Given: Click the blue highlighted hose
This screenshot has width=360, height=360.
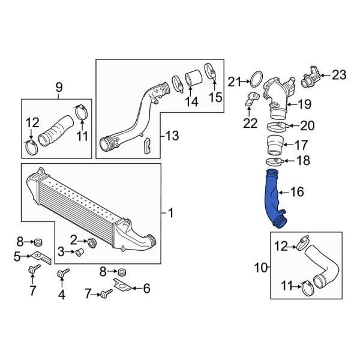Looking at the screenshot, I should pyautogui.click(x=273, y=198).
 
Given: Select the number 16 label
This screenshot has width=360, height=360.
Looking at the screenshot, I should pyautogui.click(x=297, y=192).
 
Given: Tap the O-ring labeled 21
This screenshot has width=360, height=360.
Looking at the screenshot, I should pyautogui.click(x=255, y=80).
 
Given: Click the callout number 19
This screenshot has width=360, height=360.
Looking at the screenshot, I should pyautogui.click(x=304, y=104).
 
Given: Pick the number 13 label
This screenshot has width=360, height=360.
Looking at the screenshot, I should pyautogui.click(x=172, y=137).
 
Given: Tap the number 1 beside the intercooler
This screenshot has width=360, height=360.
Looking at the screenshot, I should pyautogui.click(x=170, y=212).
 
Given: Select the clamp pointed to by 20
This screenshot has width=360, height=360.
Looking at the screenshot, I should pyautogui.click(x=274, y=125).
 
